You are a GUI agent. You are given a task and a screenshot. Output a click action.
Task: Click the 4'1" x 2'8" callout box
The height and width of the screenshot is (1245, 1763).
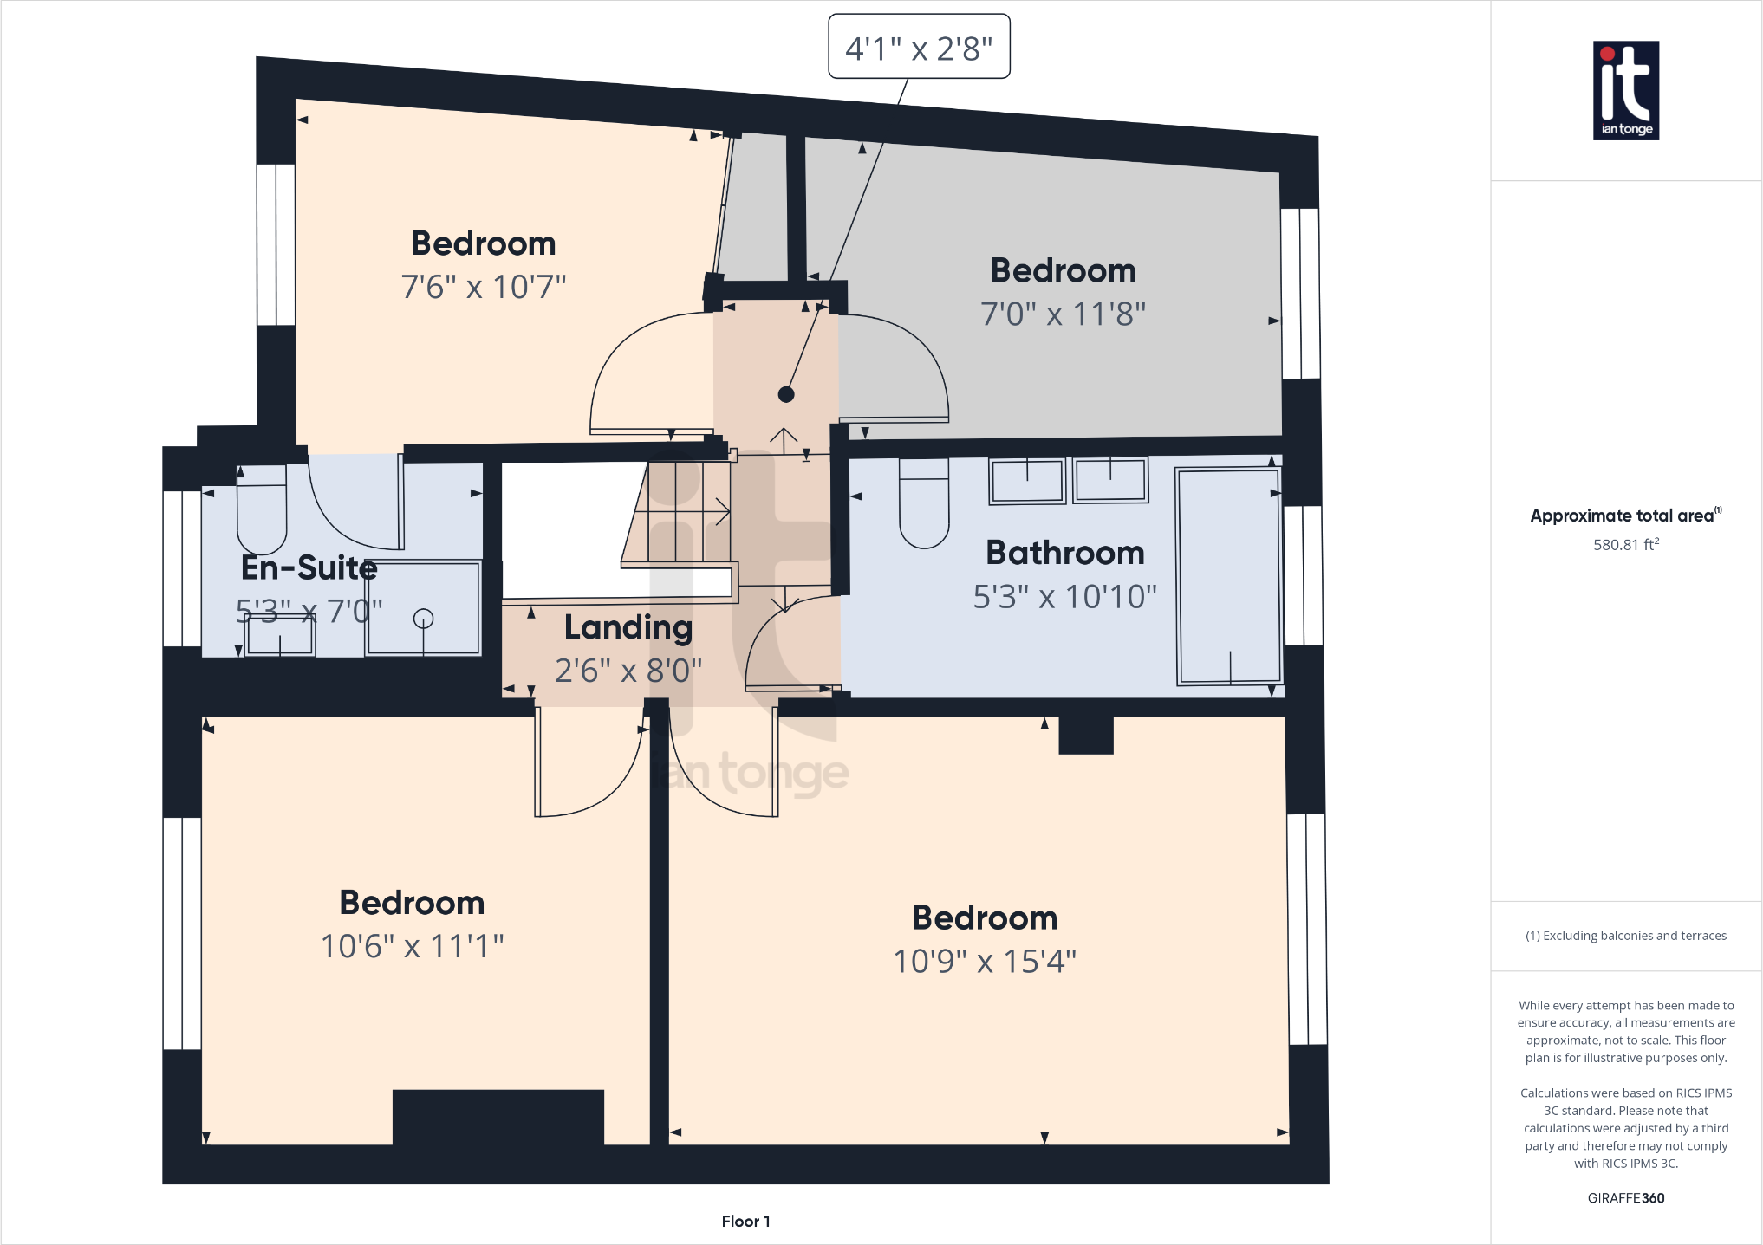point(919,47)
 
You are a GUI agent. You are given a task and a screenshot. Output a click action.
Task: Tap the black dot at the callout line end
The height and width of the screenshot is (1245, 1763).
point(786,394)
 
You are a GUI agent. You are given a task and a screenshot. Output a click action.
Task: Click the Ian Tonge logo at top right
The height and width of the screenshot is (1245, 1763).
point(1626,90)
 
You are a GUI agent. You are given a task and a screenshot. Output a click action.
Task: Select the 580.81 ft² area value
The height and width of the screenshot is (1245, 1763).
point(1625,545)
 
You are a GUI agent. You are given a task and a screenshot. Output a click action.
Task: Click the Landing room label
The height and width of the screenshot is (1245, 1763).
point(628,627)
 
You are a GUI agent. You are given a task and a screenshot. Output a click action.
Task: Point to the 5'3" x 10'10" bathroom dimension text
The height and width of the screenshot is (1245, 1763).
point(1064,597)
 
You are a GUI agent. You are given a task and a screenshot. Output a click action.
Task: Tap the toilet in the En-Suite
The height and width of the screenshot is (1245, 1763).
point(262,511)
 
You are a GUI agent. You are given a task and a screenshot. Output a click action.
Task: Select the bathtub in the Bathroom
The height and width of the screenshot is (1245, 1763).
point(1228,576)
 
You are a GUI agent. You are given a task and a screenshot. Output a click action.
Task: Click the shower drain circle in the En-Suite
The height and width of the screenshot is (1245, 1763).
point(423,618)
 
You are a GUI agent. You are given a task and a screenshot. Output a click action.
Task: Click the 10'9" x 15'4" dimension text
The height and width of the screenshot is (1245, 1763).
point(985,962)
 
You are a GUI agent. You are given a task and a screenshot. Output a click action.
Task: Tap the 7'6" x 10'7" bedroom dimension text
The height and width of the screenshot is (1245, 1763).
point(484,287)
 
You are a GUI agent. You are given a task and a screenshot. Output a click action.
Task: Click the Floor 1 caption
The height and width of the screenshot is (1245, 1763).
point(745,1221)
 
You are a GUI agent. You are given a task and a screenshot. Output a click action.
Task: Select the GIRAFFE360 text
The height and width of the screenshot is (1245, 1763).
point(1625,1198)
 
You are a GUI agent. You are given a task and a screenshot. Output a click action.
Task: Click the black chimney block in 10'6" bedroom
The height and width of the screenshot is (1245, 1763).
point(498,1117)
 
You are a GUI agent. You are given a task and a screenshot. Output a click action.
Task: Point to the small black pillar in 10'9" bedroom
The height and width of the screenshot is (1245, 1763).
point(1086,735)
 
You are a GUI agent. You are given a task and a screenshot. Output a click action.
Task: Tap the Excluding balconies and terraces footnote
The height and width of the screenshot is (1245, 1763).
point(1625,936)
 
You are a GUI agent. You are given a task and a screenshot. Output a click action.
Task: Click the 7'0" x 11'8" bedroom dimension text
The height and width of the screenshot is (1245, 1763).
point(1063,314)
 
